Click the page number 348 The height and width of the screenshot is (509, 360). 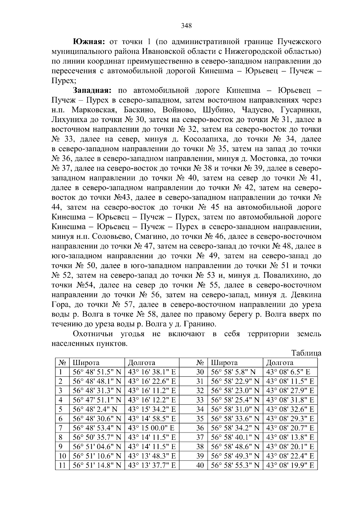186,25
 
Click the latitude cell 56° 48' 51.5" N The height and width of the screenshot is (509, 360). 97,372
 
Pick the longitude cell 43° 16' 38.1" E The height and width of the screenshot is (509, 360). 151,372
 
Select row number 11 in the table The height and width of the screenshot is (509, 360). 62,466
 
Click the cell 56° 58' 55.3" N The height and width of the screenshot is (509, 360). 235,466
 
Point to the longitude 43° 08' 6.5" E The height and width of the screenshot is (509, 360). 288,372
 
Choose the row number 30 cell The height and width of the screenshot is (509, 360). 200,372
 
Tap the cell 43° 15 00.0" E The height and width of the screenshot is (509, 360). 151,428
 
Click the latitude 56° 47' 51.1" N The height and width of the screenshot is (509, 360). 97,400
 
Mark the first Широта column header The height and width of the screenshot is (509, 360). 86,363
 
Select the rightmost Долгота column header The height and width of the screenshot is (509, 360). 280,363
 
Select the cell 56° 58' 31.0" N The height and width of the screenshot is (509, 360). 235,409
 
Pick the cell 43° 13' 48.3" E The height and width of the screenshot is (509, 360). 151,456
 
